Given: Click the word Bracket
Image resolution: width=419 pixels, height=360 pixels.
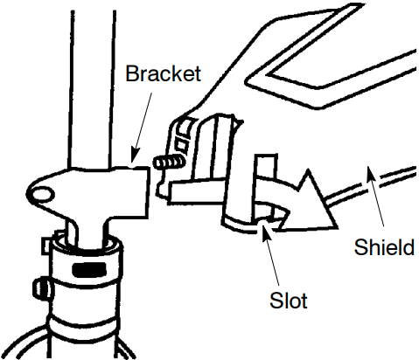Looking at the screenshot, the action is click(163, 73).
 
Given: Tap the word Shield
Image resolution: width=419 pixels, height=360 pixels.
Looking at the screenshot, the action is click(384, 247).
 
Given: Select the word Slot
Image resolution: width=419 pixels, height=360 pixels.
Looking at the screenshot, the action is click(288, 301).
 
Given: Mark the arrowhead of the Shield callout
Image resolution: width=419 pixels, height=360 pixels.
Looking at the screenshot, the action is click(370, 173).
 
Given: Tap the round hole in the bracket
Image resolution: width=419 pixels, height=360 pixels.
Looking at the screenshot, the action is click(42, 194).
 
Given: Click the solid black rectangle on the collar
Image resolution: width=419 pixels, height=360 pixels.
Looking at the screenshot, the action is click(89, 269).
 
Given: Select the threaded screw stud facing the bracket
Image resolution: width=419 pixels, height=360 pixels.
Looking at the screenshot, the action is click(169, 163).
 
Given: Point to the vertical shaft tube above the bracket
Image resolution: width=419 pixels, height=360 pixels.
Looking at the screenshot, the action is click(92, 89).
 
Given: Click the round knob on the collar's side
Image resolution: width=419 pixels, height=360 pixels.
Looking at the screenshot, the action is click(42, 287).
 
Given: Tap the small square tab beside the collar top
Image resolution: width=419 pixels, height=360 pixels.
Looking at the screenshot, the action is click(47, 246).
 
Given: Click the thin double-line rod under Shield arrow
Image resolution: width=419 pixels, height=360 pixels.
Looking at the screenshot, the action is click(370, 185).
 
